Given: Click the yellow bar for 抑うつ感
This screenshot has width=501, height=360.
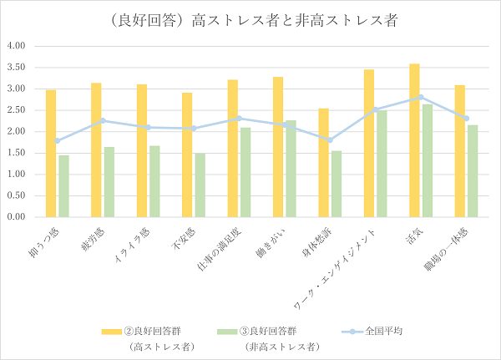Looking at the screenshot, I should pos(51,153).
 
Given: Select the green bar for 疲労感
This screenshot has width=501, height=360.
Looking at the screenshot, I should pos(109,181).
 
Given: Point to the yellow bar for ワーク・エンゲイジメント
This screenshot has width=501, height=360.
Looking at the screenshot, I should pos(369,143).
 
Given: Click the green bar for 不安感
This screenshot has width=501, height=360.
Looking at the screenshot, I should pos(200,185).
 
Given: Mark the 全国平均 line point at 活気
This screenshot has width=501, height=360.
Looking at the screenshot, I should pos(421,97).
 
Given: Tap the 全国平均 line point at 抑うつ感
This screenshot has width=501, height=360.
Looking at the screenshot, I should pos(57,140).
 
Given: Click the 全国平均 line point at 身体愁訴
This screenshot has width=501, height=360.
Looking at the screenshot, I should pos(330,139).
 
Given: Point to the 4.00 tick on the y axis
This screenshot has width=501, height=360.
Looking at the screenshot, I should pos(18,45).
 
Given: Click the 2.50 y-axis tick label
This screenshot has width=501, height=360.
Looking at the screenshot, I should pos(18,109).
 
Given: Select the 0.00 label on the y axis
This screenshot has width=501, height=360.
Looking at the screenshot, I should pos(18,216).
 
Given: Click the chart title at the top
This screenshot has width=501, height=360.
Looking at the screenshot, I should pos(250,20).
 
